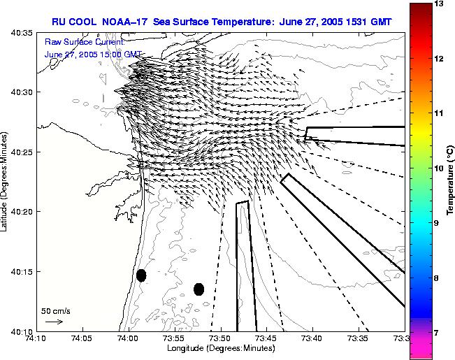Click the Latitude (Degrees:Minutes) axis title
pyautogui.click(x=6, y=181)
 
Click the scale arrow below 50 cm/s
pyautogui.click(x=54, y=322)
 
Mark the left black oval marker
pyautogui.click(x=141, y=275)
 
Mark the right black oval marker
pyautogui.click(x=198, y=289)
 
